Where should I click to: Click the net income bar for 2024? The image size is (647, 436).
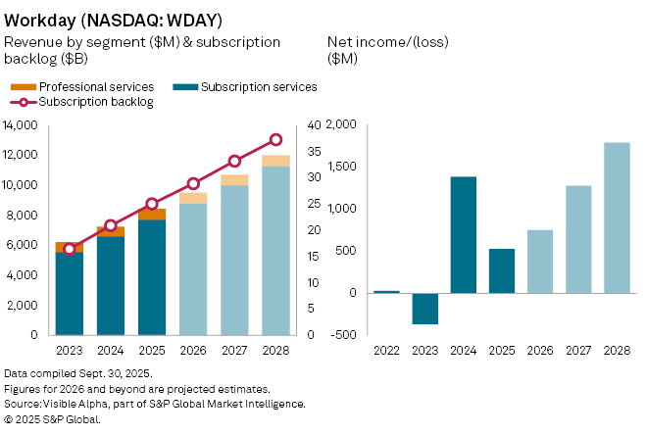(464, 234)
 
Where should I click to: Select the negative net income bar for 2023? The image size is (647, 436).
(425, 309)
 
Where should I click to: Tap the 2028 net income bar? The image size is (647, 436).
(617, 218)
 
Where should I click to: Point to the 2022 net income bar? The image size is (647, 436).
(387, 291)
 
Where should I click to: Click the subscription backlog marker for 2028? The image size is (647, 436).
(275, 140)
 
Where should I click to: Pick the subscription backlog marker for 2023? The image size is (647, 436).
(69, 249)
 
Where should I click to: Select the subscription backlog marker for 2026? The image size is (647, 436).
(193, 183)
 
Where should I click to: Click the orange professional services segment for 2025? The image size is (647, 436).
(152, 214)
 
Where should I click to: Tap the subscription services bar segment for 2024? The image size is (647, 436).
(110, 285)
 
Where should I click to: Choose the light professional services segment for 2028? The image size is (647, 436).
(275, 161)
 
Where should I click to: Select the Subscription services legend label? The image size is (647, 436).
(259, 87)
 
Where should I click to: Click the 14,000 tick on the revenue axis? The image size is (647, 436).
(22, 125)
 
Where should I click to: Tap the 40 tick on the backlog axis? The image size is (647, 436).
(314, 125)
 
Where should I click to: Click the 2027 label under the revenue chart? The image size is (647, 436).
(234, 350)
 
